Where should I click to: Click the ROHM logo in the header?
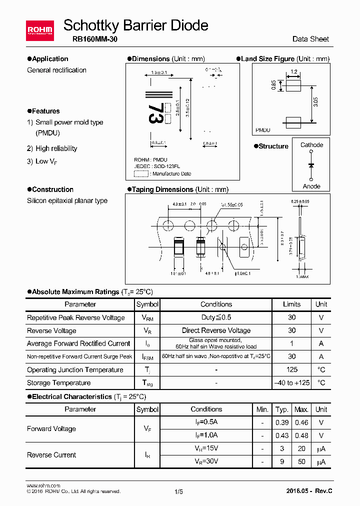tap(39, 30)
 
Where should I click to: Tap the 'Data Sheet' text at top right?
tap(310, 39)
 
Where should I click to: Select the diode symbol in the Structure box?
tap(311, 164)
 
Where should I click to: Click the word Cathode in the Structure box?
tap(311, 145)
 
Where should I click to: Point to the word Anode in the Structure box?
tap(311, 186)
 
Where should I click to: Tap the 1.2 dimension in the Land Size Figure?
tap(293, 72)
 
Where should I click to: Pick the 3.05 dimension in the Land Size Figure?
tap(315, 102)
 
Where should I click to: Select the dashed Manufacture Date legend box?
tap(141, 173)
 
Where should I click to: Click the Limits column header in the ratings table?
tap(291, 304)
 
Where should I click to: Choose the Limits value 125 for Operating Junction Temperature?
tap(291, 370)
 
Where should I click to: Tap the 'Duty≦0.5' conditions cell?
tap(216, 317)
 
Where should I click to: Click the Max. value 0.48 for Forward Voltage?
tap(301, 435)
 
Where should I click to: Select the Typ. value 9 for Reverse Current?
tap(282, 461)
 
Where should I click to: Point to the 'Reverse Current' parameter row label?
tap(51, 455)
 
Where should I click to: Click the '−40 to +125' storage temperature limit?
tap(291, 383)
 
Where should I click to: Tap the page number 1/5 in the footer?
tap(179, 491)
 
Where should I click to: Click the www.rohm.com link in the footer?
tap(43, 485)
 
